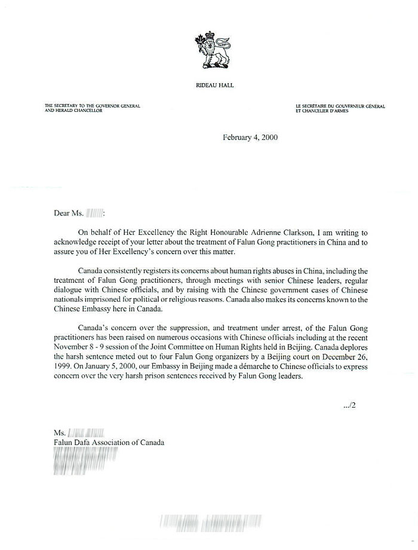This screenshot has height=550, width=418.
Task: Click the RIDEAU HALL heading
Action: point(214,85)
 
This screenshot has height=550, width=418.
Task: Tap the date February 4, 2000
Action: point(250,137)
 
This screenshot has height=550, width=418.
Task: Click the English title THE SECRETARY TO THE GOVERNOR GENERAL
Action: point(92,106)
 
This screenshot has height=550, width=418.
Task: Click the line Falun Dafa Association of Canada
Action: point(109,442)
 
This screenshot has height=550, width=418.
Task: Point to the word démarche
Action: point(230,366)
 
